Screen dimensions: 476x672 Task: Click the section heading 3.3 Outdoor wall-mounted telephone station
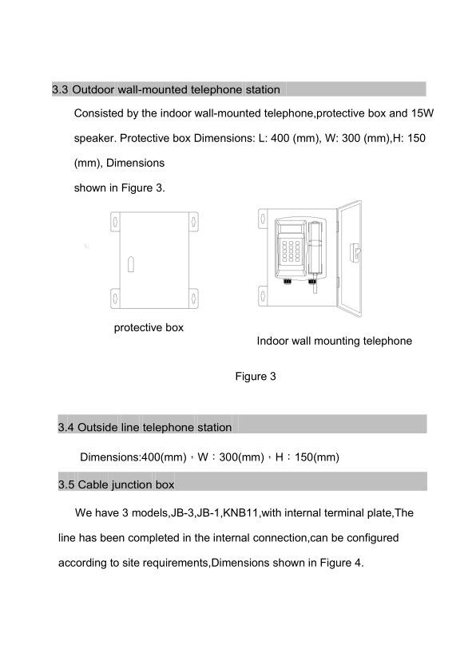[x=166, y=89]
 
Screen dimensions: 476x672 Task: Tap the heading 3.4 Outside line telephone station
[x=145, y=427]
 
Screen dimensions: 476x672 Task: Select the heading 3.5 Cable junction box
[x=117, y=484]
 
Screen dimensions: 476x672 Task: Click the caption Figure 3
[x=256, y=376]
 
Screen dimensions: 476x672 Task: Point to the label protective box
[x=149, y=328]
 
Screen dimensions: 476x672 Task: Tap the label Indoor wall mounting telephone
[x=335, y=341]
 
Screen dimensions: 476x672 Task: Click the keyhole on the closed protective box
[x=131, y=264]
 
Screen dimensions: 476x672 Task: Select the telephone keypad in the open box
[x=292, y=251]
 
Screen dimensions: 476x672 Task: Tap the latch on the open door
[x=355, y=253]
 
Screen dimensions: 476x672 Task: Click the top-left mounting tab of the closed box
[x=115, y=222]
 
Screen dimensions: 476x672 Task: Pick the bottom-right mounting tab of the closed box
[x=194, y=298]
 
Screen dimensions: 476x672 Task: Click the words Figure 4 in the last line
[x=340, y=563]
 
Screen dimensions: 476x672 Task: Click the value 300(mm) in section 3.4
[x=241, y=457]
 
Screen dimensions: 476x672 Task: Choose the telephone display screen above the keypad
[x=290, y=227]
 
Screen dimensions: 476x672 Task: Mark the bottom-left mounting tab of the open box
[x=263, y=296]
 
